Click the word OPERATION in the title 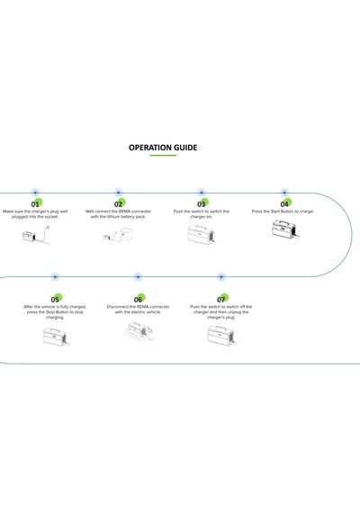pos(150,148)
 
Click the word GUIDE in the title pos(185,148)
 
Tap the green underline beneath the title pos(163,156)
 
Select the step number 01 pos(35,204)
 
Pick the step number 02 pos(118,204)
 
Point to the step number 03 pos(202,204)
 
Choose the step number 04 pos(284,204)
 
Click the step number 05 pos(55,300)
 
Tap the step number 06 pos(138,300)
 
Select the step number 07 pos(221,300)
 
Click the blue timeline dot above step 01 pos(35,193)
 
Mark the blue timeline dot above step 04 pos(284,193)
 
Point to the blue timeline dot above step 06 pos(138,277)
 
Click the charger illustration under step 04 pos(285,229)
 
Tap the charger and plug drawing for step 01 pos(36,235)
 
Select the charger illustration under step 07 pos(221,335)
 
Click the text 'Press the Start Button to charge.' pos(283,211)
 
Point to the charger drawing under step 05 pos(57,336)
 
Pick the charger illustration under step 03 pos(202,234)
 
